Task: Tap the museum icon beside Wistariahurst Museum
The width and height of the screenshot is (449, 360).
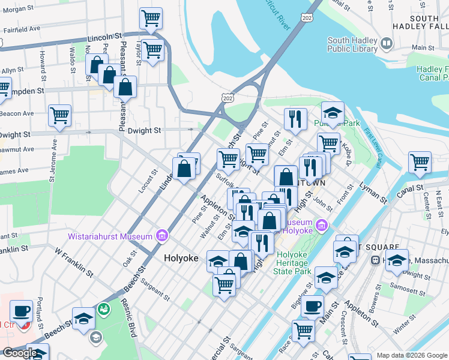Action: [161, 236]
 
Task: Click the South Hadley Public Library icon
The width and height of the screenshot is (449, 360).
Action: [387, 44]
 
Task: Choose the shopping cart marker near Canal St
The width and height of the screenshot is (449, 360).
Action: [420, 161]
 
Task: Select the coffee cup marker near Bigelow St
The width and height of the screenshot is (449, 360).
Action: [312, 306]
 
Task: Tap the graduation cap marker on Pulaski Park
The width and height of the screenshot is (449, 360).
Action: [332, 112]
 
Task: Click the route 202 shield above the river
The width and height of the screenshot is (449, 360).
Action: [307, 19]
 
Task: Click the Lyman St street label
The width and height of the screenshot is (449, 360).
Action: [374, 193]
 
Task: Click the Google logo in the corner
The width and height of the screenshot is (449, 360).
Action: [19, 353]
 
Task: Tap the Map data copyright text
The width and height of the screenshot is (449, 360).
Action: [412, 355]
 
